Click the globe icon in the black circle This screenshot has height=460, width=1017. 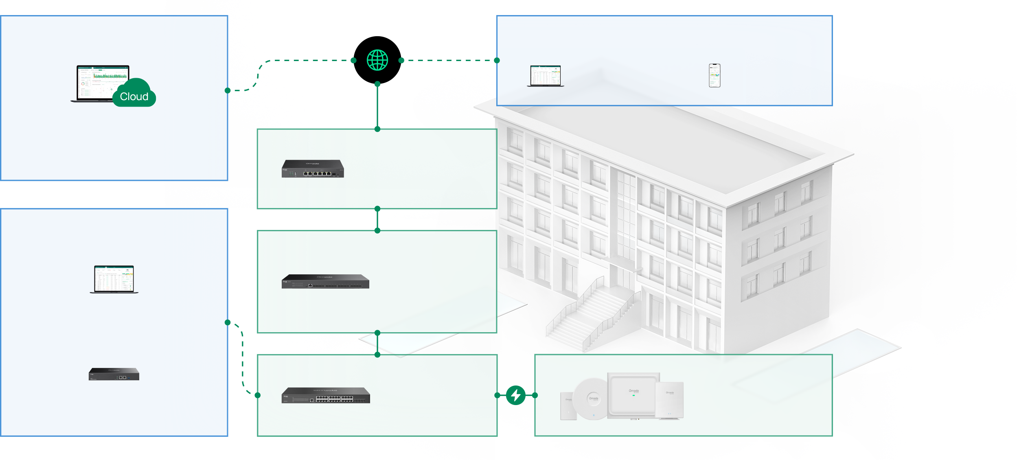(377, 60)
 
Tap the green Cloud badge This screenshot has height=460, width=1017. (134, 96)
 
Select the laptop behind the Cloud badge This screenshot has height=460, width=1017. (98, 81)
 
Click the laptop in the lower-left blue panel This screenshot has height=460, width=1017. (114, 279)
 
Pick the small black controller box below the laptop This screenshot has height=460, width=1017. (114, 374)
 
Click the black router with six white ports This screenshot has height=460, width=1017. (313, 169)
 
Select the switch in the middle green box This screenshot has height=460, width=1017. (325, 282)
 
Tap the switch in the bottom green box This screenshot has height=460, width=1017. (326, 395)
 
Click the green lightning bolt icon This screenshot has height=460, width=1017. (516, 395)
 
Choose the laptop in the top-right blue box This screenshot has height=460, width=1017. (546, 76)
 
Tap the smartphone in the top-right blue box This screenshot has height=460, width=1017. (715, 75)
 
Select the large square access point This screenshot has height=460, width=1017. (633, 394)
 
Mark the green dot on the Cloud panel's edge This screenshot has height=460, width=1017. (228, 90)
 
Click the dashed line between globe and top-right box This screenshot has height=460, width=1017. (448, 60)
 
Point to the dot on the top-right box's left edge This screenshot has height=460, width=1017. (497, 60)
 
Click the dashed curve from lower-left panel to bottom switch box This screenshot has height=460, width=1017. (243, 358)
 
